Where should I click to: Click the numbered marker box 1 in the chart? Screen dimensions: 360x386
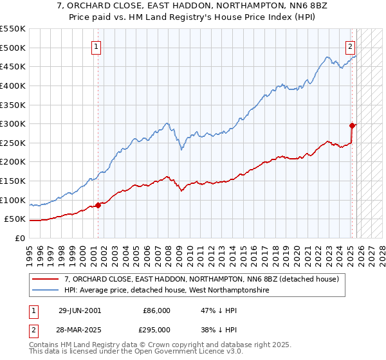tap(96, 46)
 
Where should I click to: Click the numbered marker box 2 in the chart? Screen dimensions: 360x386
tap(351, 46)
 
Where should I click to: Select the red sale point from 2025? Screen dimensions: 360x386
tap(353, 125)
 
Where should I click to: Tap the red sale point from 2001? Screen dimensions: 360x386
tap(98, 205)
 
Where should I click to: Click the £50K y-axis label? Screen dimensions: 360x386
tap(15, 219)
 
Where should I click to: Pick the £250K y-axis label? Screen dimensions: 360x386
tap(13, 143)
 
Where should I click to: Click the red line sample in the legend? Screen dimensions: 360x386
tap(46, 280)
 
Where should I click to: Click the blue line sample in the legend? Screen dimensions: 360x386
tap(46, 291)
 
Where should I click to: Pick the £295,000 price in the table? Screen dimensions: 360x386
tap(157, 330)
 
